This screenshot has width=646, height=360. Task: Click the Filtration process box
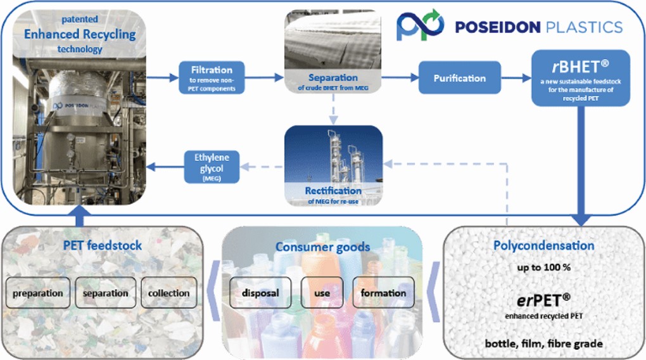point(212,77)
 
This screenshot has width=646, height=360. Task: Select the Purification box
point(460,77)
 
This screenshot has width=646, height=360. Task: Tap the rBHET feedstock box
point(581,79)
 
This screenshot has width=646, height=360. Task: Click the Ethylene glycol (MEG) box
point(212,167)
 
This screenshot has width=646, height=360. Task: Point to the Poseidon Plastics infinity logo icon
point(421,25)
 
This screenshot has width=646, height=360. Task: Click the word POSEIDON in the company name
point(498,27)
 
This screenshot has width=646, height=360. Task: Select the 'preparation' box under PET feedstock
point(38,293)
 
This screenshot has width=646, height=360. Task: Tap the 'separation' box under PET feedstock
point(106,293)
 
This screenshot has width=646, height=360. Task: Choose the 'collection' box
point(169,293)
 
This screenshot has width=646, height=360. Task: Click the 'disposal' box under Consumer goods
point(260,293)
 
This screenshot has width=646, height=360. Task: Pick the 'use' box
point(322,293)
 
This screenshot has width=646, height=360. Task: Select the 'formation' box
point(384,293)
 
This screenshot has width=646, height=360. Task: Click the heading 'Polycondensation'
point(544,246)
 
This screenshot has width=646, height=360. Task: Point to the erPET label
point(544,300)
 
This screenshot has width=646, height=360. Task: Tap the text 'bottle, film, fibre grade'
point(544,344)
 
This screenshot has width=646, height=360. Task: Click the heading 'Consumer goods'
point(322,247)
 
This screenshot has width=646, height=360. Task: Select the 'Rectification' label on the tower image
point(333,191)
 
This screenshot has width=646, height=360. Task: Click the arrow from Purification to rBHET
point(516,77)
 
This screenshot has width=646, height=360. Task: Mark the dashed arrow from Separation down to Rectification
point(333,109)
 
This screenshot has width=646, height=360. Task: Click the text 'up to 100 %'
point(544,267)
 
